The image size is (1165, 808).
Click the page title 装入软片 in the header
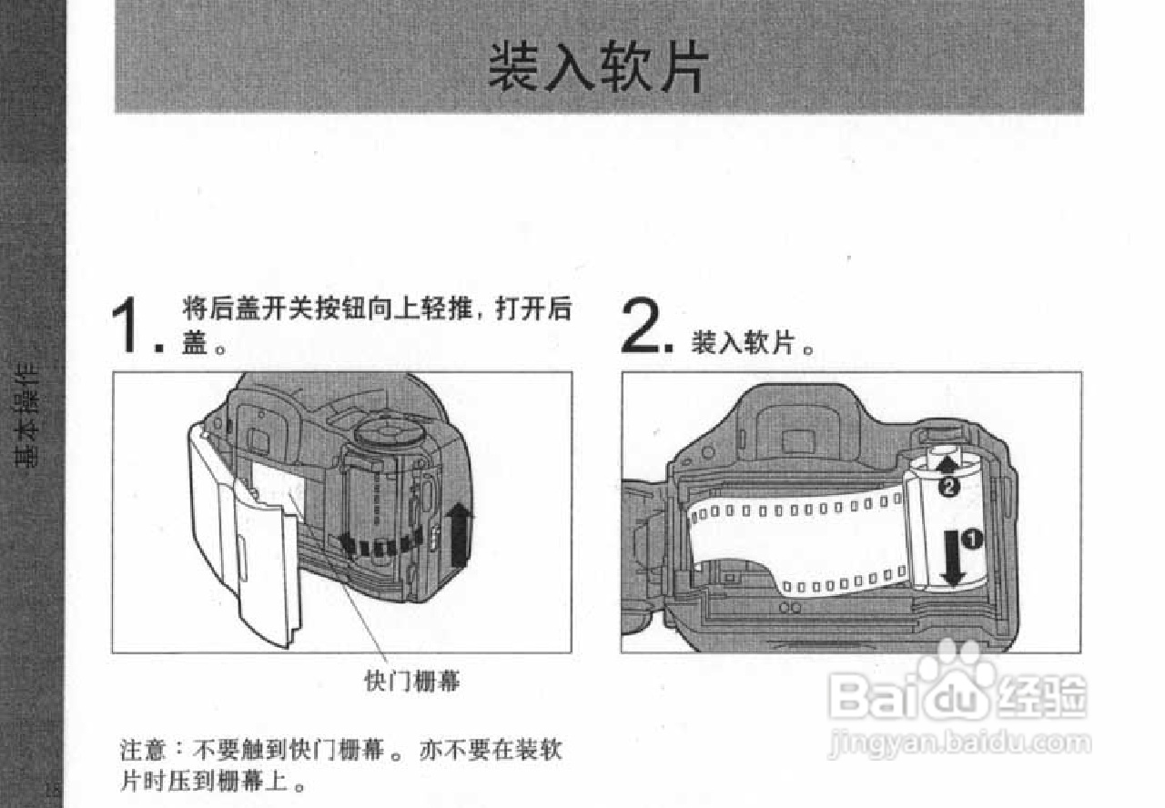597,66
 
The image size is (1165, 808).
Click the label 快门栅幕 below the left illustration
412,680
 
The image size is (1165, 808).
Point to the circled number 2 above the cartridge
947,488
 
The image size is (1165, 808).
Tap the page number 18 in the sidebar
53,788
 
